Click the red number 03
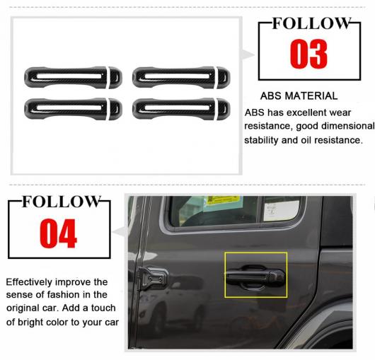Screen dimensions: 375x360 pyautogui.click(x=308, y=54)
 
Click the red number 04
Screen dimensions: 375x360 pyautogui.click(x=58, y=233)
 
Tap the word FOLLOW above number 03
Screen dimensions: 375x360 pyautogui.click(x=311, y=23)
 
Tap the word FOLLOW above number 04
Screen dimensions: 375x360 pyautogui.click(x=62, y=202)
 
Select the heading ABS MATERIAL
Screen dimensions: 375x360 pyautogui.click(x=299, y=96)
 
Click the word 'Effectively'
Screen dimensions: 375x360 pyautogui.click(x=29, y=282)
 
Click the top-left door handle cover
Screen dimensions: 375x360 pyautogui.click(x=73, y=78)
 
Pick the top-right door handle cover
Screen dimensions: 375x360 pyautogui.click(x=181, y=78)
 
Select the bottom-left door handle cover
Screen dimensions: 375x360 pyautogui.click(x=73, y=109)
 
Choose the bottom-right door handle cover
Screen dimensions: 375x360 pyautogui.click(x=181, y=109)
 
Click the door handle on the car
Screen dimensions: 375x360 pyautogui.click(x=255, y=277)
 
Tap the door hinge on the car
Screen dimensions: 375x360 pyautogui.click(x=152, y=278)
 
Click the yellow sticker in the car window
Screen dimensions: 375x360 pyautogui.click(x=223, y=200)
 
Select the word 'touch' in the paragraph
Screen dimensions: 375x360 pyautogui.click(x=103, y=308)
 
